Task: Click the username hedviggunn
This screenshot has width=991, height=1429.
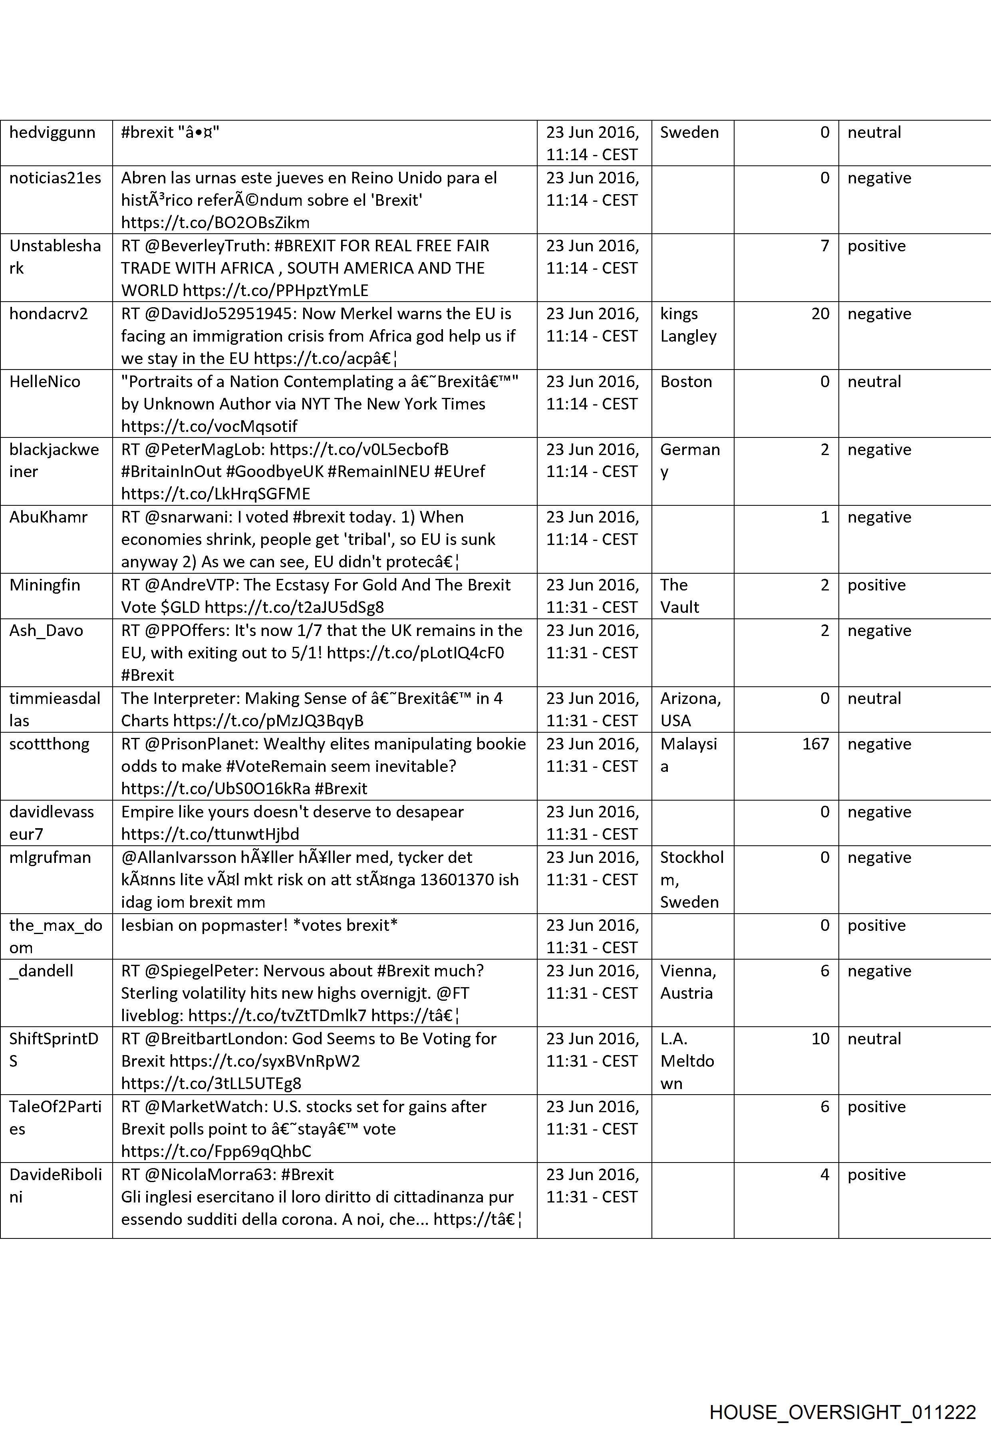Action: point(52,132)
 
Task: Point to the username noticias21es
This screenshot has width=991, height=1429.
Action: point(55,178)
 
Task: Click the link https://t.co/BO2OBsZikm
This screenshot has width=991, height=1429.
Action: point(215,223)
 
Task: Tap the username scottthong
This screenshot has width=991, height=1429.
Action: point(49,744)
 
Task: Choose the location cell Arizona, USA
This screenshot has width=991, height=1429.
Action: point(690,709)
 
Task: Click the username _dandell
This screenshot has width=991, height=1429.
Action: point(41,971)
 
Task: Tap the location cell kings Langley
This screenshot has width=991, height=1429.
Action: point(687,325)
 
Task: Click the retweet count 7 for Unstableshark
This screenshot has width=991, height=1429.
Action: point(824,246)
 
